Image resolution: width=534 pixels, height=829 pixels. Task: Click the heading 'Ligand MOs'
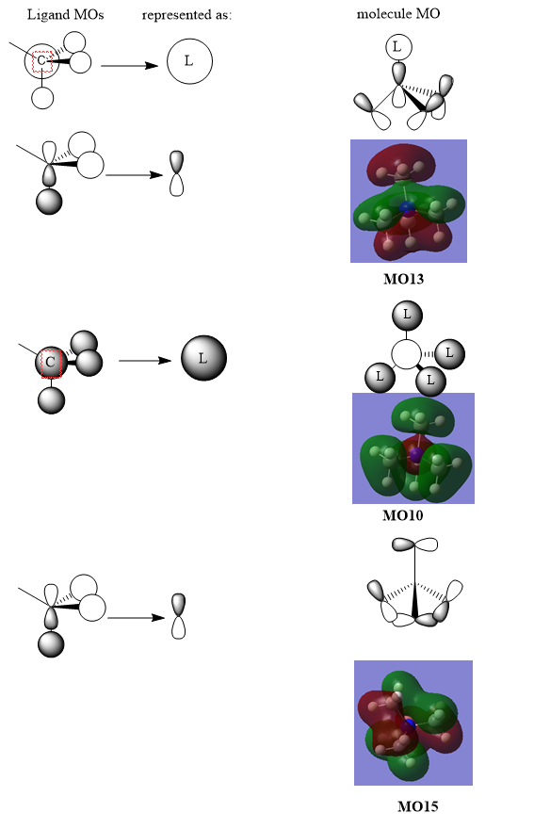tap(66, 15)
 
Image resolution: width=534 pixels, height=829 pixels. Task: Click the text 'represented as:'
tap(186, 15)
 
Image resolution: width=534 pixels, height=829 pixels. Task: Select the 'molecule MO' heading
tap(398, 14)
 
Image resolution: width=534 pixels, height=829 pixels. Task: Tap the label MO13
tap(403, 279)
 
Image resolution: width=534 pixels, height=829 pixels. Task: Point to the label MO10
tap(403, 515)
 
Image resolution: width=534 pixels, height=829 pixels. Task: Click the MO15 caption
tap(417, 806)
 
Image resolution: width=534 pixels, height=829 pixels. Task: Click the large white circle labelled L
tap(190, 61)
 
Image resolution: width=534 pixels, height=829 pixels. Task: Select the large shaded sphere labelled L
tap(203, 358)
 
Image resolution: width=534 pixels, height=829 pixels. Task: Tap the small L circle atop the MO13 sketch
tap(398, 47)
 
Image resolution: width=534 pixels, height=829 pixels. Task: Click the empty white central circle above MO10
tap(407, 354)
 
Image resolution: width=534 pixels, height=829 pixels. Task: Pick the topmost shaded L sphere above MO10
tap(407, 316)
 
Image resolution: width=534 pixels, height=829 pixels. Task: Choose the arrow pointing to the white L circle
tap(130, 66)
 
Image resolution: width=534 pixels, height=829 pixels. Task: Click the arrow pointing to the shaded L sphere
tap(145, 361)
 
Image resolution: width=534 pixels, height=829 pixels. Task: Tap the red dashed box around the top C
tap(42, 61)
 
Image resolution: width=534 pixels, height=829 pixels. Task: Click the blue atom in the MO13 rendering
tap(407, 207)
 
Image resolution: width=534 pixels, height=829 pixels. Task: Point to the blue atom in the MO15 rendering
tap(409, 723)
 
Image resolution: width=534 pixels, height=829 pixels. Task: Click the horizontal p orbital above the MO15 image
tap(415, 545)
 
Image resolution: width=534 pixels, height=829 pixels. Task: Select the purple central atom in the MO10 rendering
tap(416, 454)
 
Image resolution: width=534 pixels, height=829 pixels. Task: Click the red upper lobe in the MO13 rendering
tap(401, 165)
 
